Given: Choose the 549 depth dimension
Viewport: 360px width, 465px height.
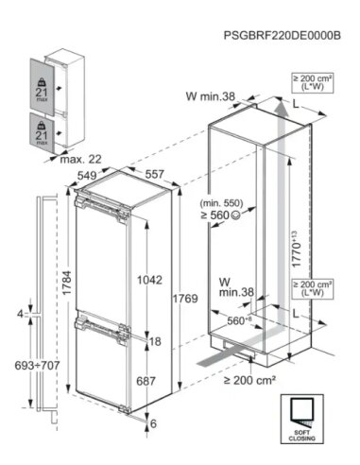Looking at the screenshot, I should tap(86, 175).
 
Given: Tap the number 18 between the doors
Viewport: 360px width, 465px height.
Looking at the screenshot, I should tap(155, 340).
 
